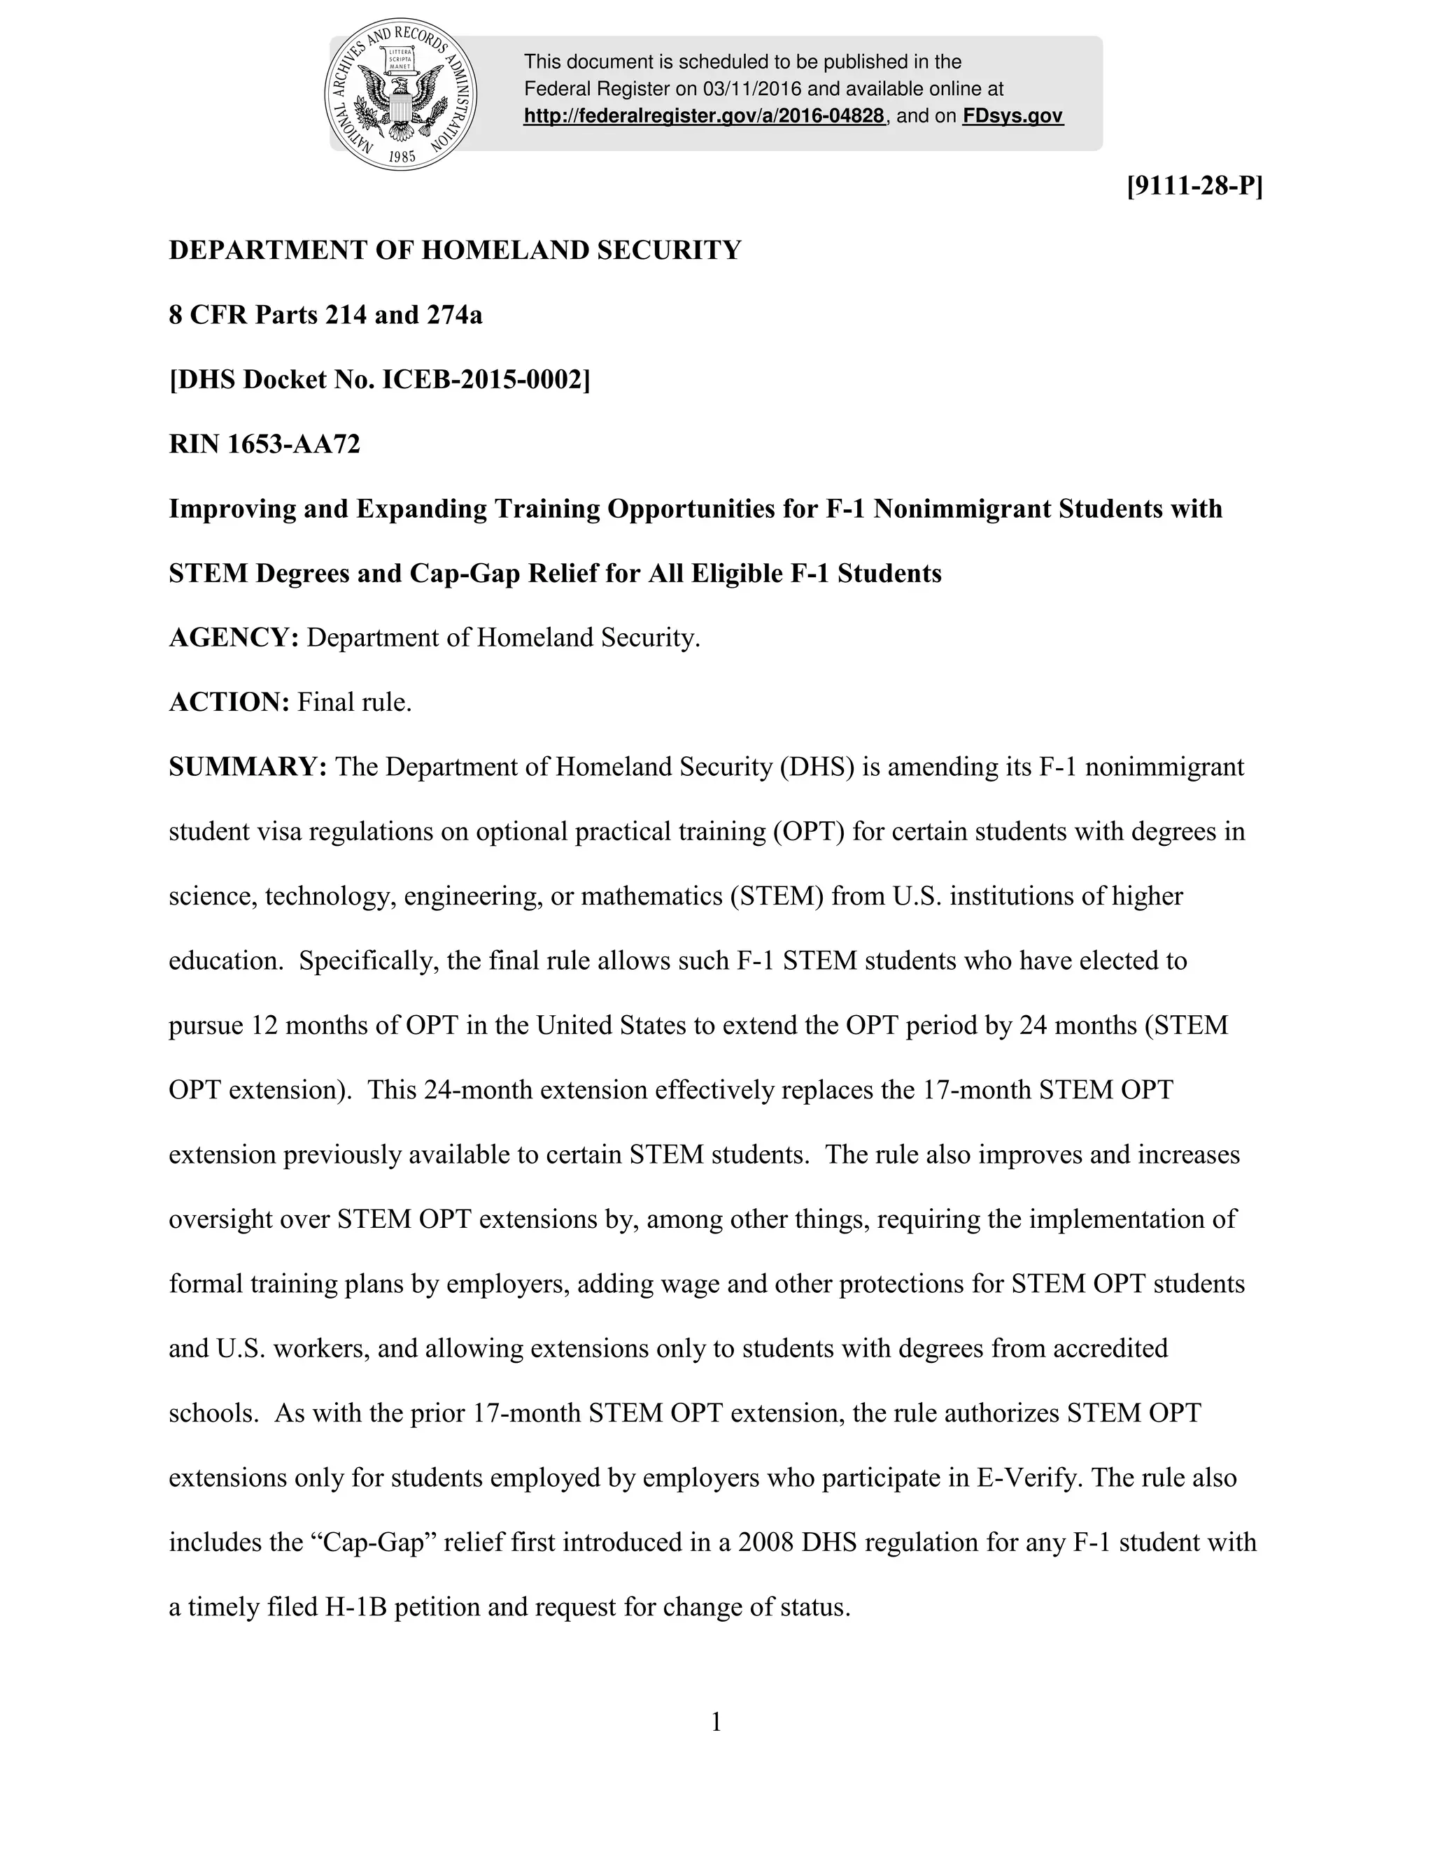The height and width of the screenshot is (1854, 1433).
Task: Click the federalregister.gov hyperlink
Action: [704, 116]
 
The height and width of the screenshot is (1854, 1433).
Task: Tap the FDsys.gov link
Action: [1012, 116]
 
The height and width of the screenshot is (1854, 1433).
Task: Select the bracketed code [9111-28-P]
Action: [1194, 186]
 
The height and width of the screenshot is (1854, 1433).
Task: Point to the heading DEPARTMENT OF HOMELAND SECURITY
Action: [455, 250]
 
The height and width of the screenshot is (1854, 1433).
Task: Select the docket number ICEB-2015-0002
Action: [486, 379]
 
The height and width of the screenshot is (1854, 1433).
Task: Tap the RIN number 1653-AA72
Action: [294, 444]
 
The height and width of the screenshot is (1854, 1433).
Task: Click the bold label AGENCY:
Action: [234, 637]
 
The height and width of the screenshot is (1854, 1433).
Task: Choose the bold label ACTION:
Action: [230, 702]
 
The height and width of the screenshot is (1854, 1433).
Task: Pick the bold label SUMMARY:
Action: [248, 767]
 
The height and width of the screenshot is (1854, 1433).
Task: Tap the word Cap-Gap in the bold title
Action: [465, 574]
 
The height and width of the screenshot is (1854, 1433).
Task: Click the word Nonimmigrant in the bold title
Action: [962, 509]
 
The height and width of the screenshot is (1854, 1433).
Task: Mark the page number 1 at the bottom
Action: [716, 1722]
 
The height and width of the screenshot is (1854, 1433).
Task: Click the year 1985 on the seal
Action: [402, 156]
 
